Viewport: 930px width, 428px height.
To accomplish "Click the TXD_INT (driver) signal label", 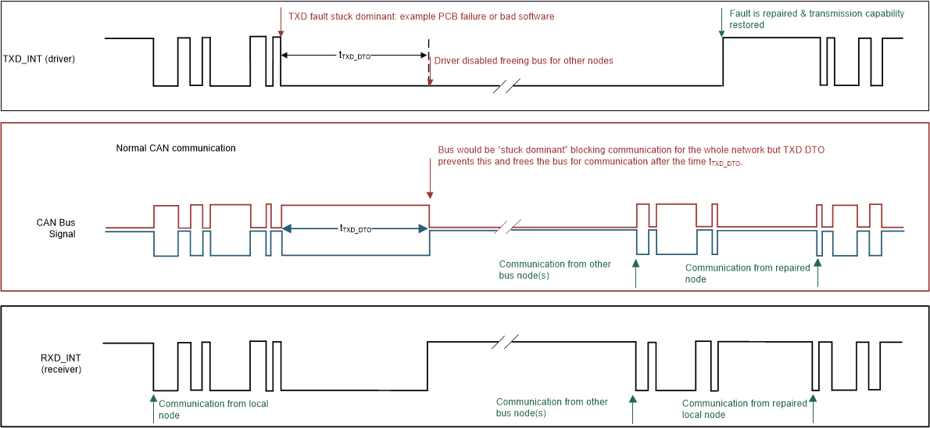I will [39, 59].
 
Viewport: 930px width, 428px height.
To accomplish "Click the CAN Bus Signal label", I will [55, 228].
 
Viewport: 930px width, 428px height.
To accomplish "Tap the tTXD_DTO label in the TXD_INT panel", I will [355, 55].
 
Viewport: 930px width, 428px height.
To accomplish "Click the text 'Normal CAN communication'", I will [176, 148].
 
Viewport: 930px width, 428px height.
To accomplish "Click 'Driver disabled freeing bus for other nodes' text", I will [523, 61].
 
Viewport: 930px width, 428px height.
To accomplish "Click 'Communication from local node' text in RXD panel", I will [213, 409].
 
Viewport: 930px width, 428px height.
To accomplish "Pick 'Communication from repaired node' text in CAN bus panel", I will [747, 273].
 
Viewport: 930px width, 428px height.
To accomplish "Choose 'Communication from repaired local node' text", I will [744, 408].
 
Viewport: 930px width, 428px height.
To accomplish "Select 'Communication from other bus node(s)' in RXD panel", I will [552, 407].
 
